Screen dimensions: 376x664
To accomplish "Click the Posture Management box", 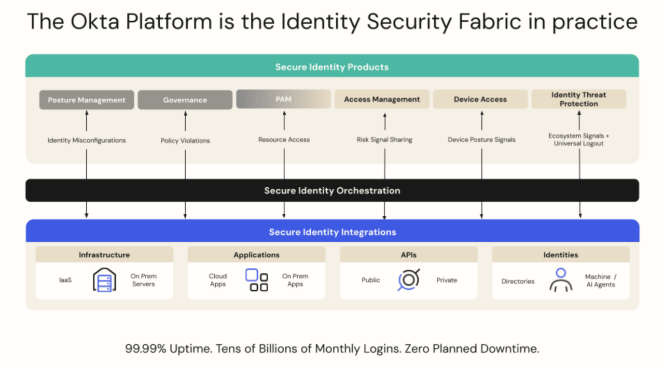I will [x=87, y=100].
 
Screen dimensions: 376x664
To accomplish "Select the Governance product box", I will [x=185, y=100].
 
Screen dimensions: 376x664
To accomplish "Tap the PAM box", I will [x=283, y=99].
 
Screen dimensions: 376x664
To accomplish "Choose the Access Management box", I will [x=382, y=99].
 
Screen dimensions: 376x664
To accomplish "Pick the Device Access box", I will [x=480, y=99].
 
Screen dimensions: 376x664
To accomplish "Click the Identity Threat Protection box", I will [x=578, y=99].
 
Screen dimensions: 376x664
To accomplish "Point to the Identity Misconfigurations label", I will [x=87, y=140].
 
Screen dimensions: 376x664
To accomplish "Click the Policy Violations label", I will [x=185, y=141].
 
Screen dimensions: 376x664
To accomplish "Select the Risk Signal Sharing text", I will [x=384, y=140].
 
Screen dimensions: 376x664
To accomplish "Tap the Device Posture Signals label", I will [x=481, y=140].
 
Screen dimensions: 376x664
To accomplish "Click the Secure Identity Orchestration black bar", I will [x=332, y=190].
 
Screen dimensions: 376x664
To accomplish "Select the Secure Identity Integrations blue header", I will [x=332, y=232].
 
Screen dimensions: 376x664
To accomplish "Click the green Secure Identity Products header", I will [x=332, y=66].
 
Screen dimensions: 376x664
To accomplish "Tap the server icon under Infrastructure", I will [x=104, y=280].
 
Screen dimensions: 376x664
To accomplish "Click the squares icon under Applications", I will [x=257, y=280].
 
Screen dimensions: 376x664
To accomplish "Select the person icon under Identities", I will [x=560, y=280].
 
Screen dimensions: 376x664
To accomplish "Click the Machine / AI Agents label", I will [x=601, y=281].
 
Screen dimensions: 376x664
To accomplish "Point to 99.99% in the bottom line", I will [x=146, y=349].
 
